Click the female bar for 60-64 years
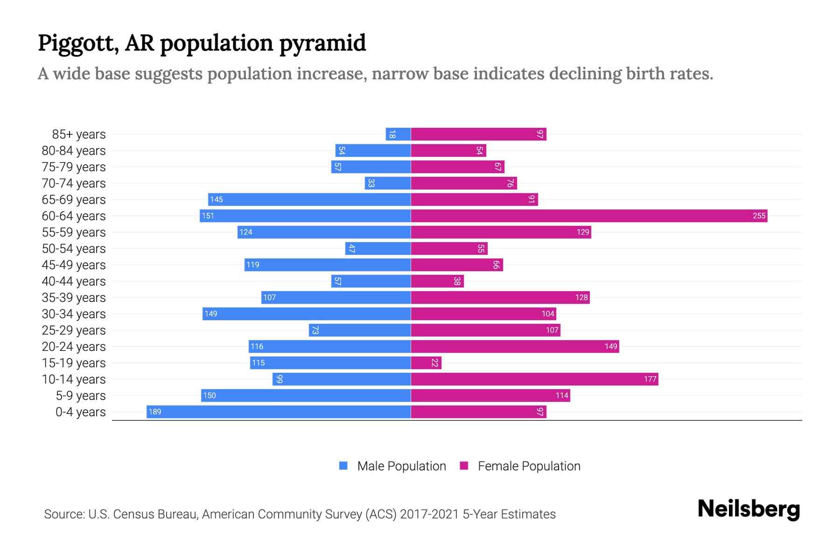click(589, 216)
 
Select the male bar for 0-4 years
click(279, 412)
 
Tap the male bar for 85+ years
click(398, 134)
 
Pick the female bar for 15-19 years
click(426, 363)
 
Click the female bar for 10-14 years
click(534, 379)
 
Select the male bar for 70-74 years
click(387, 183)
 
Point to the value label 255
click(759, 216)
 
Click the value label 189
click(154, 412)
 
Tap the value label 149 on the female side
click(610, 346)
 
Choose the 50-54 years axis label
click(74, 248)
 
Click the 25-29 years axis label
click(74, 330)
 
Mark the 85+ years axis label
click(79, 134)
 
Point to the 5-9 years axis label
click(81, 395)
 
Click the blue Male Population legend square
click(343, 466)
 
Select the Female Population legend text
click(529, 466)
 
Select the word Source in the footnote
click(63, 514)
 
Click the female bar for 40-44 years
click(437, 281)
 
